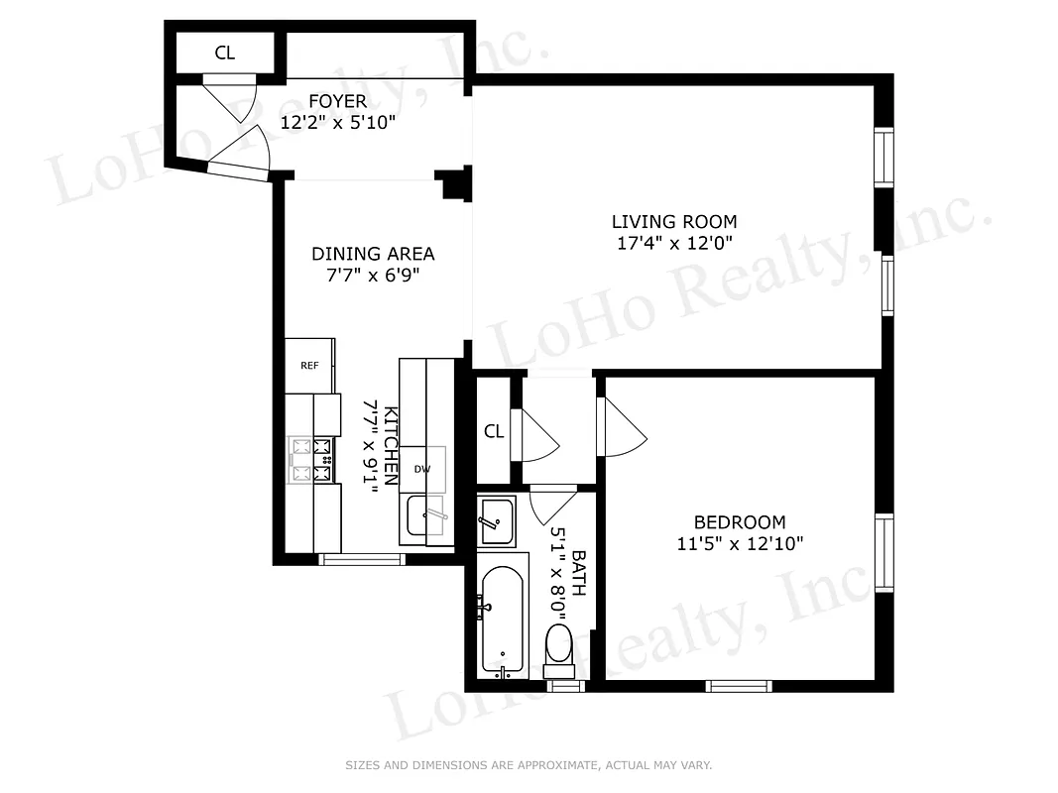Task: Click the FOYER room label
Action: (337, 101)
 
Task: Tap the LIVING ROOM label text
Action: (673, 222)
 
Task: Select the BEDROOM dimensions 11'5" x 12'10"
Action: (740, 543)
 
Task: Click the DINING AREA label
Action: (373, 254)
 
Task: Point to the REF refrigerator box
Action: (309, 366)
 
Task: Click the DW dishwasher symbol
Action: (422, 470)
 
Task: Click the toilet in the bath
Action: (560, 642)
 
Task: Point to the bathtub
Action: (504, 620)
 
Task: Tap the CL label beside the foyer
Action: (225, 54)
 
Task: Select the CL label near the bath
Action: (494, 431)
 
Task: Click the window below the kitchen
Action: (362, 560)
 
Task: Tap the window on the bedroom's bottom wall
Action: (739, 685)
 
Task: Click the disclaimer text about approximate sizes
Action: (529, 765)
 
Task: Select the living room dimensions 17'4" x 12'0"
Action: (673, 243)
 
